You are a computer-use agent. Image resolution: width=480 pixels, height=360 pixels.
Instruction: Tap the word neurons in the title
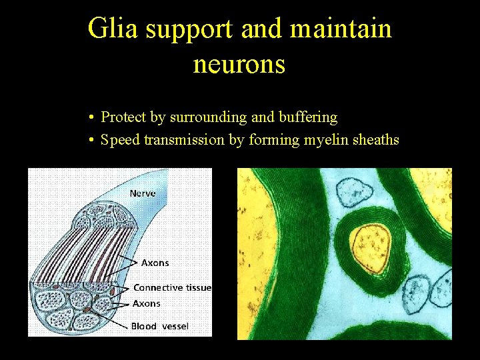(239, 64)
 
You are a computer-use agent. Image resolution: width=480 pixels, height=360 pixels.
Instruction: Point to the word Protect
(123, 117)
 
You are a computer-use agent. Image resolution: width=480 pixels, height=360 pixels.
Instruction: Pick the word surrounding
(208, 117)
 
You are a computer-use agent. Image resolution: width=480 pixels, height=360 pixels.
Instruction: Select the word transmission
(184, 140)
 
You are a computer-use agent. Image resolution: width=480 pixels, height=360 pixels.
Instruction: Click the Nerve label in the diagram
(143, 193)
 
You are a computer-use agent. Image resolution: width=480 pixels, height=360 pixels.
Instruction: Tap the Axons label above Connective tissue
(155, 263)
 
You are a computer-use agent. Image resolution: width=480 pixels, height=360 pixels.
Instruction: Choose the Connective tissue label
(172, 287)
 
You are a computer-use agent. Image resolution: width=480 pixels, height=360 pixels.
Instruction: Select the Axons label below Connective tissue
(147, 303)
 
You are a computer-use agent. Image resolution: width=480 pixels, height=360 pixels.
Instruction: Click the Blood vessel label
(160, 326)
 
